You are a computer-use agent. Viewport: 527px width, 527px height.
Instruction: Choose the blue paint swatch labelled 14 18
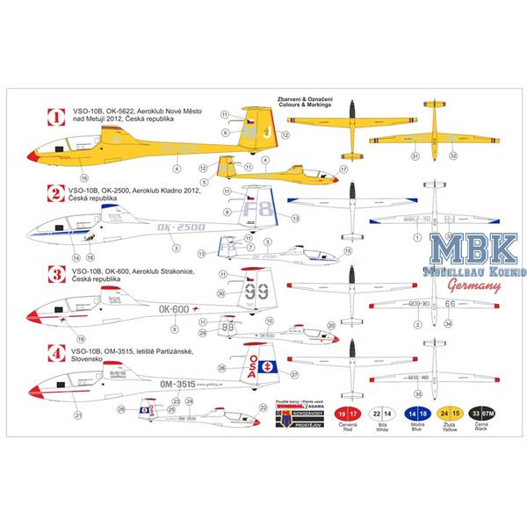[x=407, y=415]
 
